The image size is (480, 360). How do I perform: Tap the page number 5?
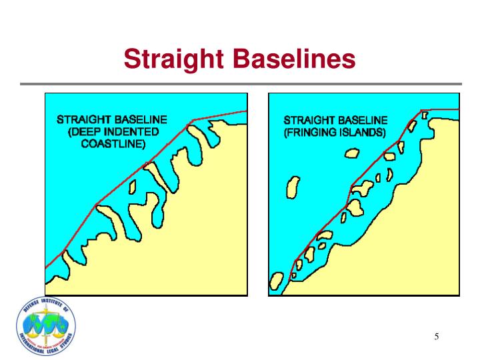437,336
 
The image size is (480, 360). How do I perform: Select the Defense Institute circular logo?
45,327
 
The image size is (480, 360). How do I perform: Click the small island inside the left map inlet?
133,186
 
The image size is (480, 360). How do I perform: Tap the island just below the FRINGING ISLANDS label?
351,153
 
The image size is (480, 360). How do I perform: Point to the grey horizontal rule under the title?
240,84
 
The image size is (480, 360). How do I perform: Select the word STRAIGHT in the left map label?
84,120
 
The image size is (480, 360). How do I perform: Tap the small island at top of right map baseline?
425,115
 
